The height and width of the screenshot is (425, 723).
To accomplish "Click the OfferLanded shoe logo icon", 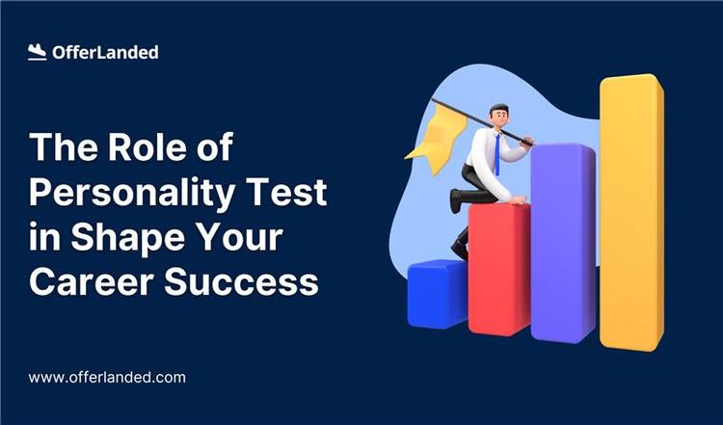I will [x=38, y=53].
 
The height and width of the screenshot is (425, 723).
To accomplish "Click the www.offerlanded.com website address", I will [x=107, y=378].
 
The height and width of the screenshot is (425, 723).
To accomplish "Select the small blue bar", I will [x=437, y=293].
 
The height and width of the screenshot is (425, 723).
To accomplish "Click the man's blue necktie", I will [x=497, y=152].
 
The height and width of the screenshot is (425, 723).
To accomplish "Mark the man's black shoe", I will [x=460, y=250].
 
